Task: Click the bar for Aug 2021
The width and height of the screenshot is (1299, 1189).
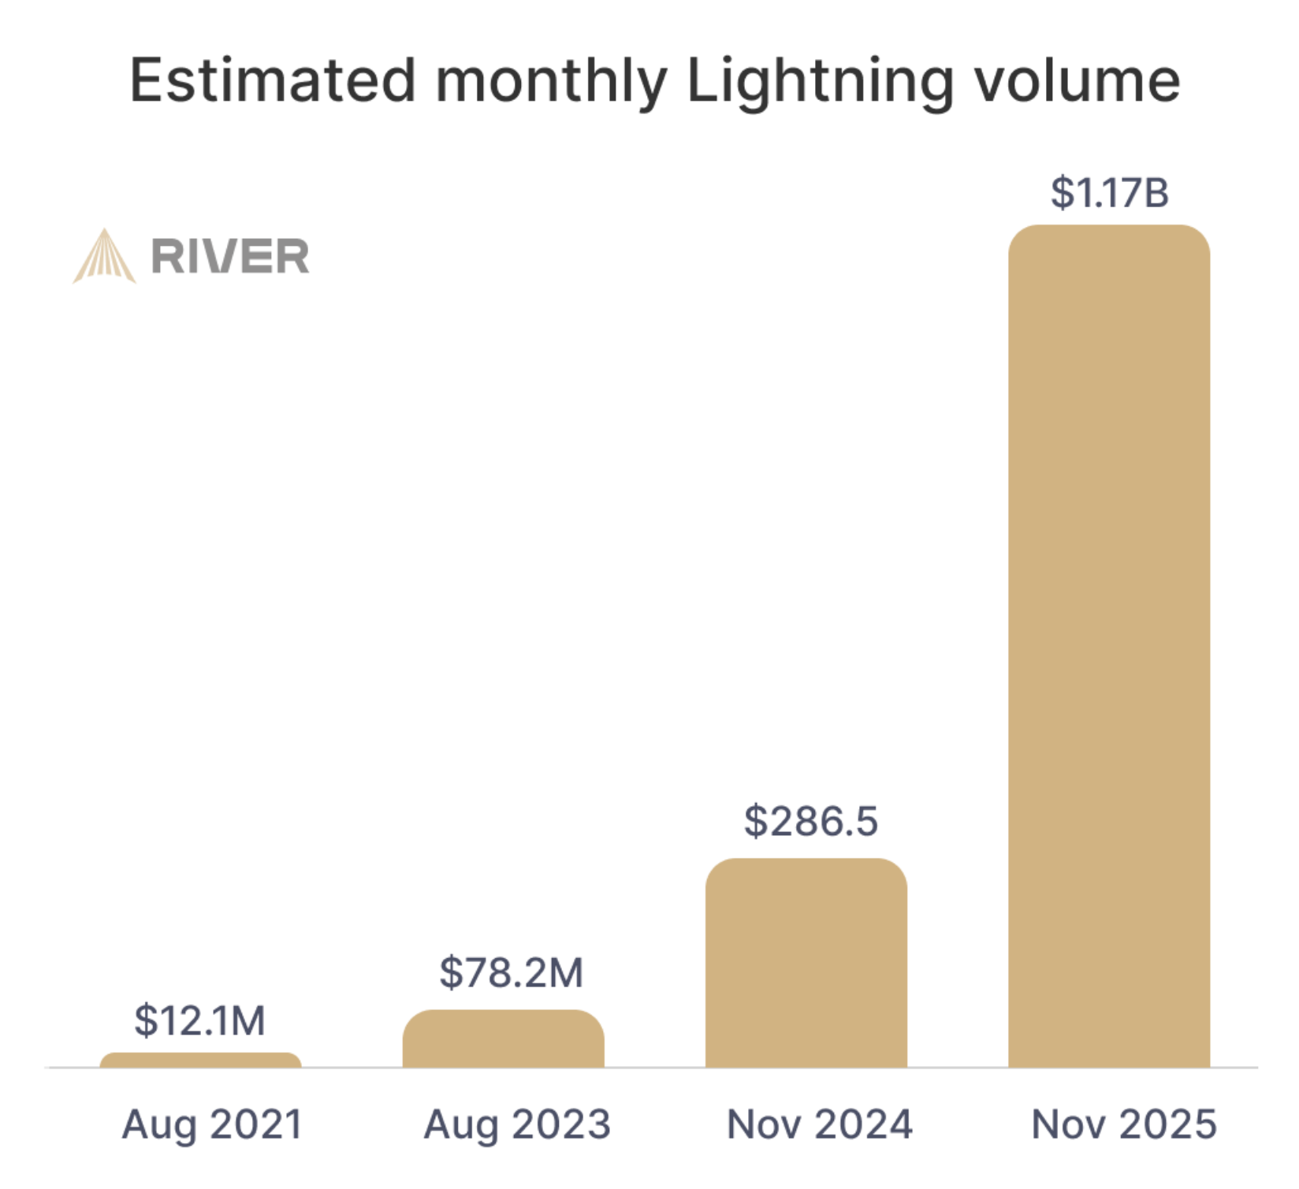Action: click(x=200, y=1061)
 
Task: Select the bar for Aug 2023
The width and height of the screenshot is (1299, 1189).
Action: click(x=503, y=1039)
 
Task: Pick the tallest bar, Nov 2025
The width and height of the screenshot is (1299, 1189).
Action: click(x=1108, y=646)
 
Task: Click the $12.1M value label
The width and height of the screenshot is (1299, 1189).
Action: click(x=199, y=1020)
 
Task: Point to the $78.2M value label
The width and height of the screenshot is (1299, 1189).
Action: click(x=511, y=972)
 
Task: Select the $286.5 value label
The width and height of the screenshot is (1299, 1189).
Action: click(x=810, y=821)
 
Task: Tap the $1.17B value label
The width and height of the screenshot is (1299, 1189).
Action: click(x=1109, y=193)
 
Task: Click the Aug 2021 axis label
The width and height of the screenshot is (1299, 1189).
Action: click(x=212, y=1124)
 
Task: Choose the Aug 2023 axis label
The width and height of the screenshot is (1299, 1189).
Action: click(x=517, y=1124)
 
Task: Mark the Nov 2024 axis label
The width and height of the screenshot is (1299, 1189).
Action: click(x=819, y=1124)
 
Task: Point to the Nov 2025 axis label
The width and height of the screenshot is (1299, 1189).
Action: click(x=1123, y=1124)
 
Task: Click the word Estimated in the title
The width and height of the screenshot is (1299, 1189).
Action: click(x=273, y=80)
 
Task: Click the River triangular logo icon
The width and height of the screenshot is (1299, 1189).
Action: click(x=104, y=257)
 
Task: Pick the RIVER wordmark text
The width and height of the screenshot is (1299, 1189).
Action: click(x=229, y=257)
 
